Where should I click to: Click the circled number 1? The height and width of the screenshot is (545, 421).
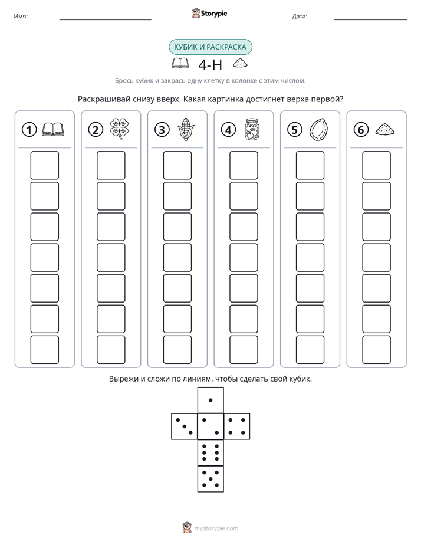point(29,130)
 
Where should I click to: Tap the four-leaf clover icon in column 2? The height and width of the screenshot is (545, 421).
point(120,129)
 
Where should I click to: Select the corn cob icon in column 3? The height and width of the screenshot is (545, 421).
point(186,129)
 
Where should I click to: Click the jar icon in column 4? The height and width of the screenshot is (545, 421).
point(252,129)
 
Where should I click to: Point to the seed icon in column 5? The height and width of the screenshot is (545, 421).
point(318,130)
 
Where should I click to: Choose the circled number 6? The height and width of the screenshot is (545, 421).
point(361,130)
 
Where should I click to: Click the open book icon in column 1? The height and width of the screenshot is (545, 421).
point(53,129)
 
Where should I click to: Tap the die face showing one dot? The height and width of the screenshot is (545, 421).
point(210,400)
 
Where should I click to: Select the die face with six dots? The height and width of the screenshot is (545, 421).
point(210,452)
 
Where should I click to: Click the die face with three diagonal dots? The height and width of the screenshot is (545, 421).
point(185,426)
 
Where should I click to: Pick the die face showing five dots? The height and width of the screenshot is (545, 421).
point(210,479)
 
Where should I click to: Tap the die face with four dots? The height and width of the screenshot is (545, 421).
point(237,426)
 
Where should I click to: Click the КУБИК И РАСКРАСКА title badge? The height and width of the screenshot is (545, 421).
point(210,47)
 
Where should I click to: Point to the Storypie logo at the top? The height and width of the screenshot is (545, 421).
point(209,13)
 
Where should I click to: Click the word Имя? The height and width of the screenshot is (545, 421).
point(21,17)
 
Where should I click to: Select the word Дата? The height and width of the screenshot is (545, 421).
point(300,17)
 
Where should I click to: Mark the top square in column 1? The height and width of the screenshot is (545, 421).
point(44,165)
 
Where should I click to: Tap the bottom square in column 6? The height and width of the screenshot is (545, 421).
point(377,350)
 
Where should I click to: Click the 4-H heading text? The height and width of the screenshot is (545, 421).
point(210,65)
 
